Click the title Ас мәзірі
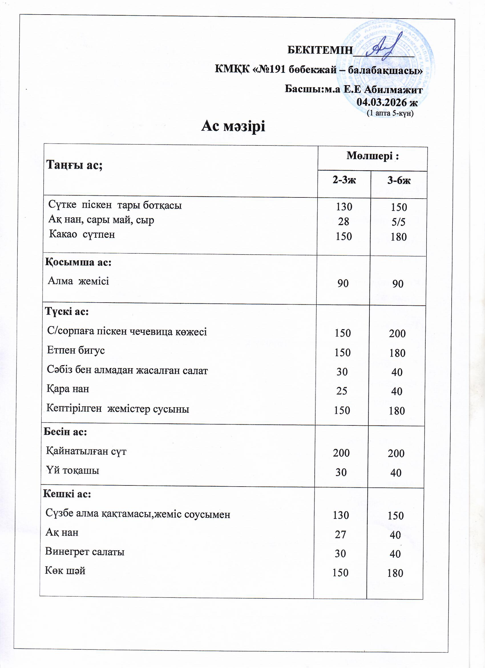(233, 126)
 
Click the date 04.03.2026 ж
(387, 102)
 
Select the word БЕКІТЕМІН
(320, 50)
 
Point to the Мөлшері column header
(372, 156)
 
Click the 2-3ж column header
(344, 180)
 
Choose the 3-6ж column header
(399, 180)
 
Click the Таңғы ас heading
(74, 165)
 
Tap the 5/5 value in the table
(399, 222)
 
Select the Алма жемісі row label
(78, 281)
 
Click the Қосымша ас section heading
(78, 262)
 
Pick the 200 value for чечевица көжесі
(397, 333)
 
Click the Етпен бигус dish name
(76, 350)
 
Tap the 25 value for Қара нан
(342, 391)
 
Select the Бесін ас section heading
(65, 432)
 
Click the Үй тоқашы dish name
(73, 470)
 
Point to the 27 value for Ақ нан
(340, 534)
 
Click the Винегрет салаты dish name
(85, 551)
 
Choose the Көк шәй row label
(65, 571)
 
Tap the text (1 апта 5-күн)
(390, 113)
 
